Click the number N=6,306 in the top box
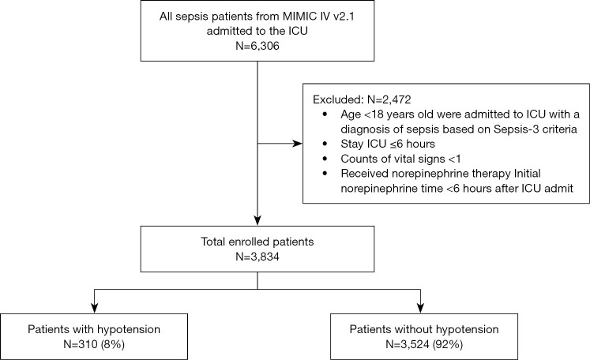click(x=257, y=47)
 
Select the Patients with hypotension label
click(x=96, y=328)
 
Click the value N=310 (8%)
click(x=96, y=343)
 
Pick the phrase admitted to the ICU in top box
click(x=257, y=32)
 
